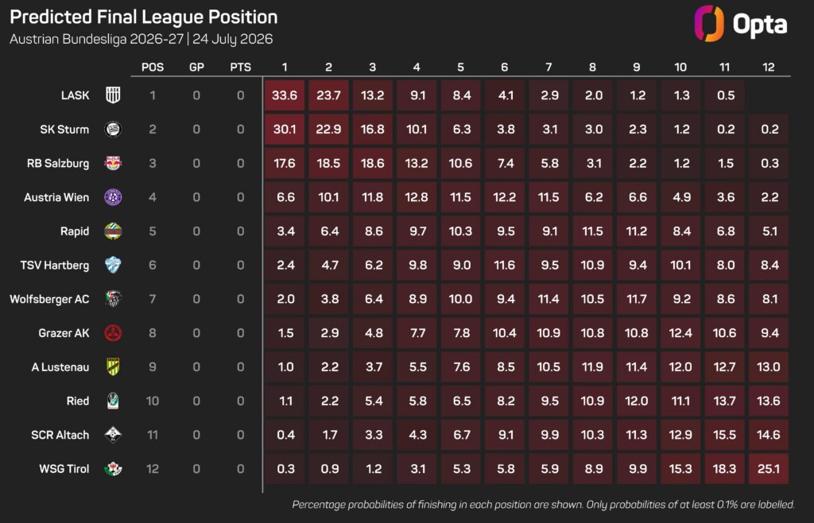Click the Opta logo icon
pyautogui.click(x=708, y=23)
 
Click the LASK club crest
pyautogui.click(x=113, y=95)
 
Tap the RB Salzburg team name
pyautogui.click(x=57, y=164)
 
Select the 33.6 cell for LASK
pyautogui.click(x=285, y=95)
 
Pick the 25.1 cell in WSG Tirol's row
pyautogui.click(x=769, y=469)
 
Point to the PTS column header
pyautogui.click(x=240, y=67)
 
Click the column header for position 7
pyautogui.click(x=548, y=67)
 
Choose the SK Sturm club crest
pyautogui.click(x=113, y=130)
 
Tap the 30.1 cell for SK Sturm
pyautogui.click(x=285, y=130)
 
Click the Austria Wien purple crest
pyautogui.click(x=113, y=197)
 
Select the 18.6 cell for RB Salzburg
pyautogui.click(x=373, y=164)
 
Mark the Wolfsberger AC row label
pyautogui.click(x=49, y=300)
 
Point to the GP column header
pyautogui.click(x=196, y=67)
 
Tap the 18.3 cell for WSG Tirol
pyautogui.click(x=725, y=469)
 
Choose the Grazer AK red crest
pyautogui.click(x=113, y=333)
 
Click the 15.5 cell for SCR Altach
pyautogui.click(x=725, y=435)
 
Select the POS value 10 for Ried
pyautogui.click(x=152, y=401)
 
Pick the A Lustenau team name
pyautogui.click(x=60, y=367)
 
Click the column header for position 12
pyautogui.click(x=769, y=67)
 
